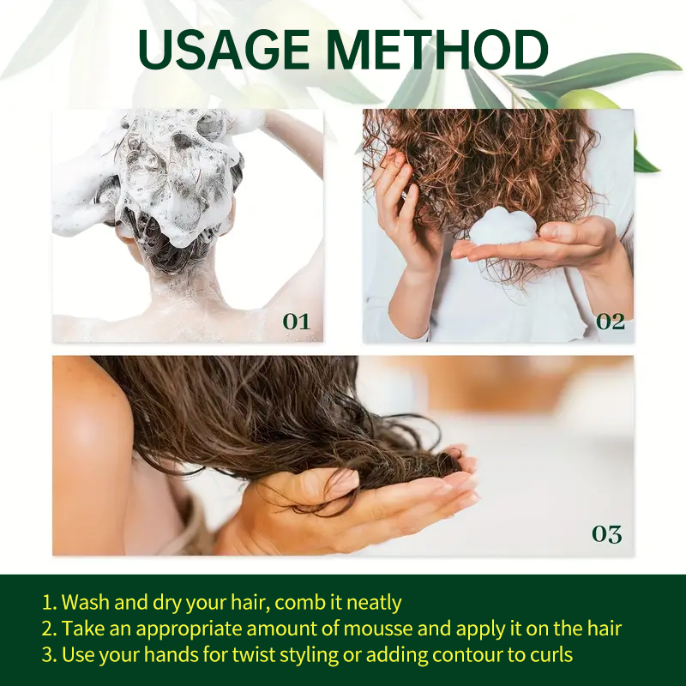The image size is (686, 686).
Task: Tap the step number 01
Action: pyautogui.click(x=296, y=322)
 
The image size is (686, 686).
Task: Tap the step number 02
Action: pyautogui.click(x=610, y=322)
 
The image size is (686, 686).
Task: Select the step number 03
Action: pyautogui.click(x=606, y=533)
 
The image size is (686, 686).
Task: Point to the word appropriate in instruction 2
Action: pyautogui.click(x=176, y=629)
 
